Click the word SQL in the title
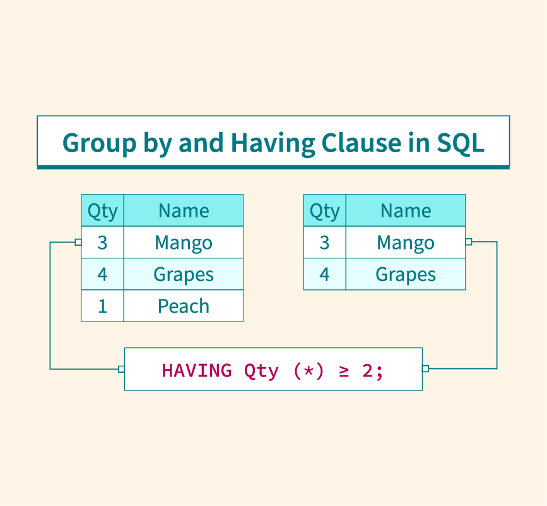coord(461,143)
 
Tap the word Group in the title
coord(99,143)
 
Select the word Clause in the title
coord(362,143)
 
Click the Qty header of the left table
coord(103,211)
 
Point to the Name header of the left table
coord(184,210)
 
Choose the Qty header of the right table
coord(324,211)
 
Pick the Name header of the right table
coord(406,210)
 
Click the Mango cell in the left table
coord(184,243)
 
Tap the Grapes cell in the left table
coord(184,275)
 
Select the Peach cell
coord(184,306)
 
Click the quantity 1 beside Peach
coord(103,306)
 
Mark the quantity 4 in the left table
coord(102,274)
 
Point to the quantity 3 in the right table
coord(324,243)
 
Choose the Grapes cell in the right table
coord(406,275)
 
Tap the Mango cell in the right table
coord(406,243)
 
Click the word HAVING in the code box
coord(197,371)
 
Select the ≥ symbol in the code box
coord(344,371)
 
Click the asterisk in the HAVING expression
coord(309,371)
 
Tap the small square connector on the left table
coord(78,242)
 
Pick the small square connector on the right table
coord(469,242)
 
